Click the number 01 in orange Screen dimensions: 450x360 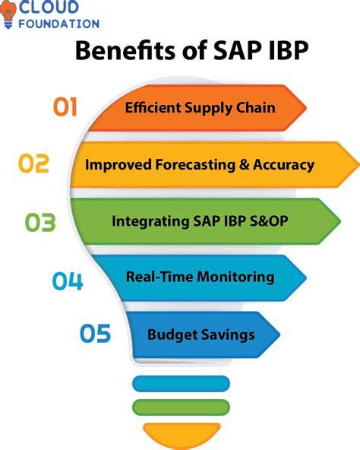[x=65, y=107]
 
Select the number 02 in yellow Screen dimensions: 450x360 [x=33, y=164]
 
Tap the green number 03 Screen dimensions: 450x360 [x=40, y=222]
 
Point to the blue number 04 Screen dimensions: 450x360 [x=67, y=280]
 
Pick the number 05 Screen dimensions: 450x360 [x=95, y=334]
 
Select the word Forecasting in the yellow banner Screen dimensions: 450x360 [x=188, y=165]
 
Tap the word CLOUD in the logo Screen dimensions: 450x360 [x=49, y=8]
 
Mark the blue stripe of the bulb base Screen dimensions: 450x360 [x=180, y=383]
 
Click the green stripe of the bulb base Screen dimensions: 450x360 [x=180, y=405]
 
